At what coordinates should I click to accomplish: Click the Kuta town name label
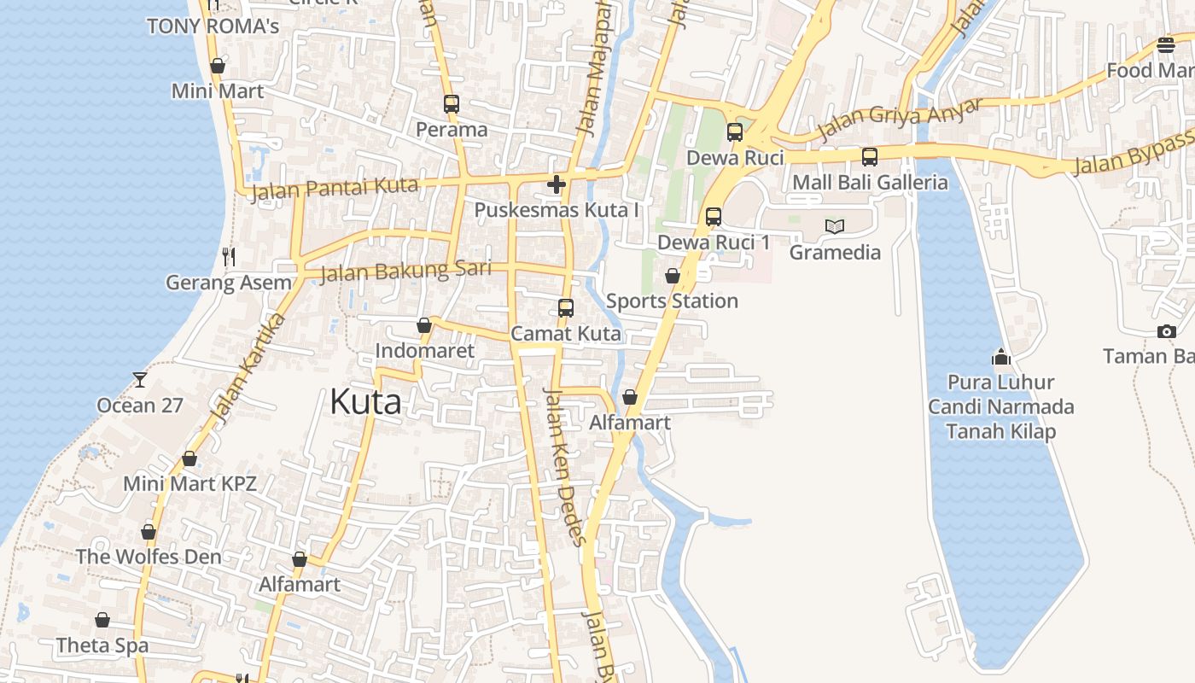tap(365, 401)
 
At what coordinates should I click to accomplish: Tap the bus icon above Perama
tap(452, 104)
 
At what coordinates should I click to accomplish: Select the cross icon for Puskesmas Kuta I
tap(557, 184)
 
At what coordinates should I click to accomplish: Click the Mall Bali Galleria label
tap(870, 183)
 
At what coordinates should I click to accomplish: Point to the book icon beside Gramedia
tap(835, 226)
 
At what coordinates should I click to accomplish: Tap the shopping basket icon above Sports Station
tap(673, 276)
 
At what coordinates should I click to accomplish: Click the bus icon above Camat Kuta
tap(565, 307)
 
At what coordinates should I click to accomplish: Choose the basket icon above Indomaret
tap(424, 325)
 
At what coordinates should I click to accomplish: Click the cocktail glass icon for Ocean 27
tap(140, 379)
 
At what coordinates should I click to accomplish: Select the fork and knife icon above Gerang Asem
tap(228, 256)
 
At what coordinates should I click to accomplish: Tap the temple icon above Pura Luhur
tap(1000, 356)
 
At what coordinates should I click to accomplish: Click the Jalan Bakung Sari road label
tap(405, 271)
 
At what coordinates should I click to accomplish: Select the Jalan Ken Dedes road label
tap(565, 466)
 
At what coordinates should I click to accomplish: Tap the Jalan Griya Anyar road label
tap(900, 119)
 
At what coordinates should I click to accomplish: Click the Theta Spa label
tap(102, 645)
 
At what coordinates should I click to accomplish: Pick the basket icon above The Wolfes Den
tap(149, 532)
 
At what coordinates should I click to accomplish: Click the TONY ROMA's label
tap(213, 26)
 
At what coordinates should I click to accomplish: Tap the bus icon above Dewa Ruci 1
tap(714, 217)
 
